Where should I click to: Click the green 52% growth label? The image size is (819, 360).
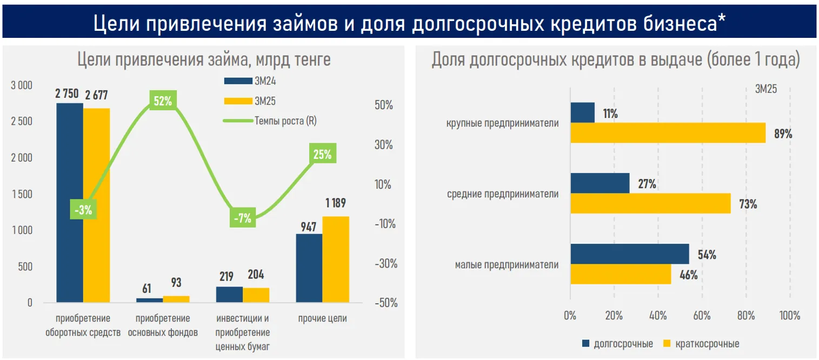(x=162, y=101)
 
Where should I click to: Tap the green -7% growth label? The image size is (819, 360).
(x=243, y=218)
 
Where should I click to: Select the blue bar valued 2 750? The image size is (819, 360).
(x=70, y=203)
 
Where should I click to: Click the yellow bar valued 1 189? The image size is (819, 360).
(x=336, y=259)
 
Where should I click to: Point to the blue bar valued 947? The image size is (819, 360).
(x=309, y=268)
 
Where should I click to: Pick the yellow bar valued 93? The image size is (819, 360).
(x=176, y=299)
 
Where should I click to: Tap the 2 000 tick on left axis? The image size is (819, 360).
(x=22, y=158)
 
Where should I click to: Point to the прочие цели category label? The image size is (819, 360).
(x=323, y=318)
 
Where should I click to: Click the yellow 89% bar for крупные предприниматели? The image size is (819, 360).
(x=668, y=133)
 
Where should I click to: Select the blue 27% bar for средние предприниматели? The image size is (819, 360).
(x=600, y=183)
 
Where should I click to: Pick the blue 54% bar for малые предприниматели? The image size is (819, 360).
(x=630, y=254)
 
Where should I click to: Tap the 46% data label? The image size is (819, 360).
(x=688, y=275)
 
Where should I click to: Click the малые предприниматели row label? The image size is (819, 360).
(x=507, y=265)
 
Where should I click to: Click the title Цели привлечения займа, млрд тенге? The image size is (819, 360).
(x=204, y=60)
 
